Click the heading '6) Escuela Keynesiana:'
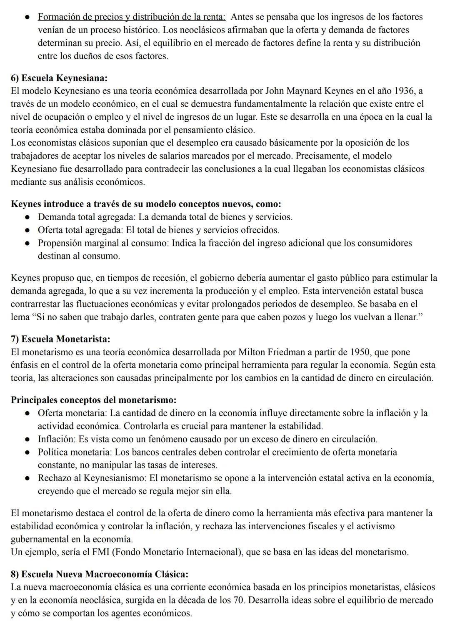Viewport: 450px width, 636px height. tap(59, 78)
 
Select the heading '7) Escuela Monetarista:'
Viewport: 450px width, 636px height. tap(60, 339)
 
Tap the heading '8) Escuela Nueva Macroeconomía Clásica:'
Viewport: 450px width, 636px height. tap(99, 574)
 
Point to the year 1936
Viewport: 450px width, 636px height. tap(405, 91)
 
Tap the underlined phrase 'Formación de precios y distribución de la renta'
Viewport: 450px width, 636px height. tap(131, 17)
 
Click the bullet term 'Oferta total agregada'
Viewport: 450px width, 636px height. tap(82, 230)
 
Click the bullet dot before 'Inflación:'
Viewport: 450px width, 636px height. tap(27, 440)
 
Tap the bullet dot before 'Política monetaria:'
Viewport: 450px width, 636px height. tap(27, 452)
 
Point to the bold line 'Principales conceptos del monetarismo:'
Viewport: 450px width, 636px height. tap(93, 400)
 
